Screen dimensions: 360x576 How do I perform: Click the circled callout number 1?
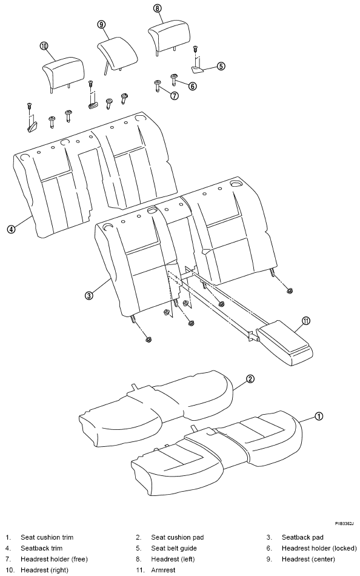click(319, 416)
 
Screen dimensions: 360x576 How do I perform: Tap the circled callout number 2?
click(250, 379)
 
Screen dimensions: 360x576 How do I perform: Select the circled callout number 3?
click(88, 295)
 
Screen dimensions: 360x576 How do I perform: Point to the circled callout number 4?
click(12, 229)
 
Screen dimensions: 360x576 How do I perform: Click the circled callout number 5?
click(221, 66)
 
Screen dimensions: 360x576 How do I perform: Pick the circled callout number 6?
click(193, 86)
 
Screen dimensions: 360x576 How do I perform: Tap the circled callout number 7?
click(175, 96)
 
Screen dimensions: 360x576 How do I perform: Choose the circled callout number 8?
click(158, 8)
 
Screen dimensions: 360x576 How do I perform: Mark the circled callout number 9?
click(102, 24)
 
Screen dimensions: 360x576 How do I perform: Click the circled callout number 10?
click(44, 46)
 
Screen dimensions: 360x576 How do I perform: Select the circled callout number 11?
click(306, 321)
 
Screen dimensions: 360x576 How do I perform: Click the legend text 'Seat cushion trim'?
click(47, 537)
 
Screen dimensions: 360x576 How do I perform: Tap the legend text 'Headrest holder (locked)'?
click(319, 548)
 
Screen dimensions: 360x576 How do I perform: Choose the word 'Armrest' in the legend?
click(164, 570)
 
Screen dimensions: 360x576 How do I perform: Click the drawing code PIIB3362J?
click(344, 523)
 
